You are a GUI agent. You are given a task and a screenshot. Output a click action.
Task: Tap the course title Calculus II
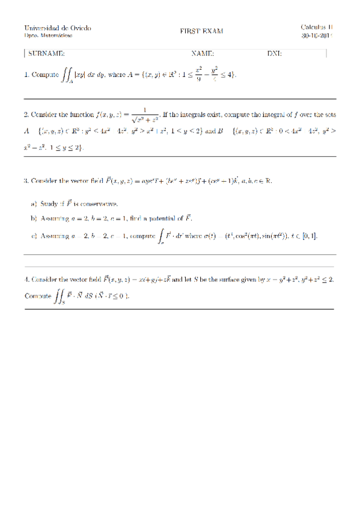tap(317, 27)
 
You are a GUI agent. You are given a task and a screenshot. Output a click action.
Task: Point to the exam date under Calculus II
tap(317, 36)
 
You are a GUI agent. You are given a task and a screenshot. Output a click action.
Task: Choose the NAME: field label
tap(203, 54)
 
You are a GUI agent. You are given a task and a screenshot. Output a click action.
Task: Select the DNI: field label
tap(275, 54)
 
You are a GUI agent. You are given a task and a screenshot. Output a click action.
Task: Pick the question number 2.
tap(26, 114)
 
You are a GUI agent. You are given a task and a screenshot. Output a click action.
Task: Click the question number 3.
tap(26, 180)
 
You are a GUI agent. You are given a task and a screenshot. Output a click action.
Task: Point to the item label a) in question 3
tap(34, 203)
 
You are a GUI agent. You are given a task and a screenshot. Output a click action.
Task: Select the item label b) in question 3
tap(34, 218)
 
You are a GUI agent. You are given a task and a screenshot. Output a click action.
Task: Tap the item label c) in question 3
tap(34, 235)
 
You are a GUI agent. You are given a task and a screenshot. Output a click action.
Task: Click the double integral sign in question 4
tap(61, 296)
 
